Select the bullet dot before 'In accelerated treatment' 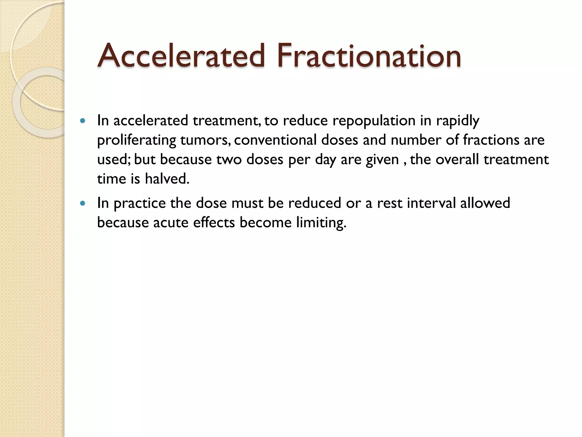coord(83,121)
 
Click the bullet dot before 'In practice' coord(83,203)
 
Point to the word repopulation coord(374,121)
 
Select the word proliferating coord(136,140)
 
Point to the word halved coord(167,179)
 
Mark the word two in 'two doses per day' coord(229,159)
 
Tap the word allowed coord(485,203)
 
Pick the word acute coord(171,222)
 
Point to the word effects coord(214,222)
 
